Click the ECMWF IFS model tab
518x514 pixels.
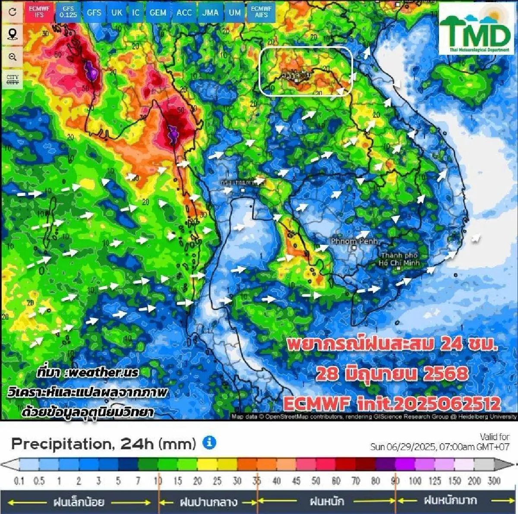point(39,12)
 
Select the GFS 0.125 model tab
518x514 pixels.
point(68,12)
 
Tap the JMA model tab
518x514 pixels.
point(210,13)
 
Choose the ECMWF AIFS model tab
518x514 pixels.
point(261,12)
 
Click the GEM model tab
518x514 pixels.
point(158,13)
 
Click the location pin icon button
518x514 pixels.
point(13,34)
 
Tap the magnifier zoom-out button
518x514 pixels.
point(13,57)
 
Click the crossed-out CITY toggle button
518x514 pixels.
point(13,79)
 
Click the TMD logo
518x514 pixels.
point(477,29)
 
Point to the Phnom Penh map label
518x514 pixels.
point(354,242)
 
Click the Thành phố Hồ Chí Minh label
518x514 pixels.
point(399,259)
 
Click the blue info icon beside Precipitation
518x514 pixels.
point(209,443)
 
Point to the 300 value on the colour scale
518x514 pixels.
point(494,481)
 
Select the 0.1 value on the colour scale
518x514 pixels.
point(19,481)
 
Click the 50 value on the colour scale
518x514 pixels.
point(316,481)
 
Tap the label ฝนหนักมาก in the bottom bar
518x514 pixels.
point(450,501)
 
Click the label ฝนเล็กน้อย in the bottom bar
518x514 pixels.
point(79,502)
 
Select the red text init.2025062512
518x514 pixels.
point(429,404)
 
